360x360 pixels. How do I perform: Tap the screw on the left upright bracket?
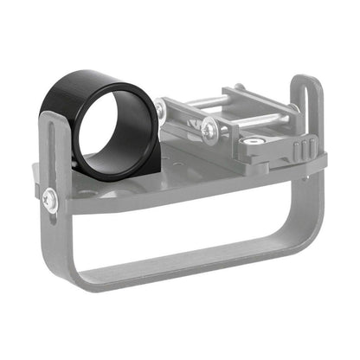tap(50, 201)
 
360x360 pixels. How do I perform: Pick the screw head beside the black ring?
tap(162, 109)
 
